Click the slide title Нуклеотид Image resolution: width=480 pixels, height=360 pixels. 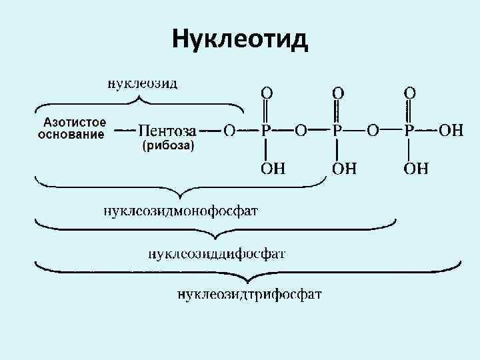240,39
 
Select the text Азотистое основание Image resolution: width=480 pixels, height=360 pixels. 73,129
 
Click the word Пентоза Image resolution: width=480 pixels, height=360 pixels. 167,129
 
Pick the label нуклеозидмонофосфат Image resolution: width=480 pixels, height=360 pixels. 180,211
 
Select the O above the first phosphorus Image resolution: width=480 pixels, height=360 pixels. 265,91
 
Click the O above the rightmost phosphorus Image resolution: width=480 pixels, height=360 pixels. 410,91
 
